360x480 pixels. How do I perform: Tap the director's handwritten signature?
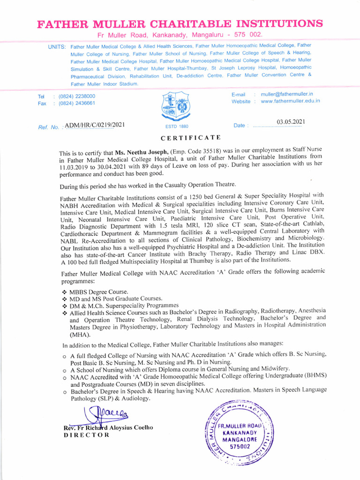tap(104, 415)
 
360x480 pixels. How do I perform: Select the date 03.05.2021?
tap(291, 122)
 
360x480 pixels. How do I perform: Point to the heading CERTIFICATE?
tap(190, 138)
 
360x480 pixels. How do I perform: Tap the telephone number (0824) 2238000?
tap(77, 96)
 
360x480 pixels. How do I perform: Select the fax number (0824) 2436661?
tap(77, 103)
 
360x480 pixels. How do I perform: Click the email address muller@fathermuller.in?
tap(287, 94)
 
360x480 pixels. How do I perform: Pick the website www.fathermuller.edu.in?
tap(290, 101)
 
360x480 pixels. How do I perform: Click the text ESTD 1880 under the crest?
tap(176, 127)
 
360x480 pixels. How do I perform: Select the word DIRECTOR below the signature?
tap(86, 435)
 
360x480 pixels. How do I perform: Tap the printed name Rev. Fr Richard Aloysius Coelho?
tap(108, 427)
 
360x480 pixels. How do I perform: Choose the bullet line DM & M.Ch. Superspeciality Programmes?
tap(124, 305)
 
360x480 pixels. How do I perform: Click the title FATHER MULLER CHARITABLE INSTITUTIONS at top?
tap(180, 23)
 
